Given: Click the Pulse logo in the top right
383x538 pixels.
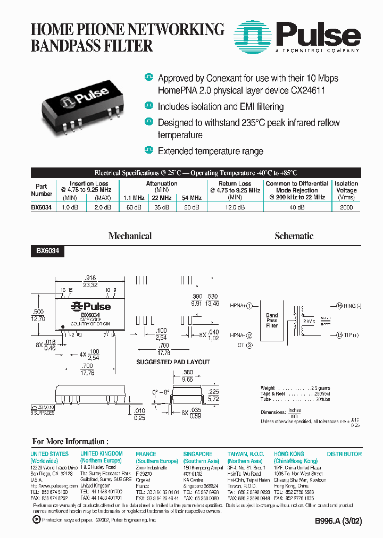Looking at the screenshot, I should pyautogui.click(x=298, y=36).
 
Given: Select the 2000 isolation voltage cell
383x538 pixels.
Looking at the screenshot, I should pyautogui.click(x=346, y=207).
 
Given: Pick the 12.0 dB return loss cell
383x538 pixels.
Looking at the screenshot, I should pyautogui.click(x=235, y=207).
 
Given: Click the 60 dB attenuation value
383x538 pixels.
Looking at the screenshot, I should pyautogui.click(x=134, y=207).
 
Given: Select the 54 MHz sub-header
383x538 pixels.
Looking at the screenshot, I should pyautogui.click(x=192, y=198).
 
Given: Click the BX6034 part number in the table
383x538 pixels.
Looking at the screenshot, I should pyautogui.click(x=41, y=207).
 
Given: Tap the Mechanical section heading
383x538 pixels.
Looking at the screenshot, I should pyautogui.click(x=130, y=236).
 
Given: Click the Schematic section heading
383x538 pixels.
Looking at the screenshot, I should pyautogui.click(x=294, y=236).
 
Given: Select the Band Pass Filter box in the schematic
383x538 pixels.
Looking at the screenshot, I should pyautogui.click(x=272, y=321).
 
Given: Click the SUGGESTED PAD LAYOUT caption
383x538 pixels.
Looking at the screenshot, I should pyautogui.click(x=173, y=362).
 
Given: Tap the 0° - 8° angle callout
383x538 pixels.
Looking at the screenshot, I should pyautogui.click(x=161, y=391).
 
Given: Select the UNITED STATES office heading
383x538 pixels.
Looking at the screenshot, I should pyautogui.click(x=49, y=454).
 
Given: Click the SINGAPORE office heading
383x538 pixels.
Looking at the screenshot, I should pyautogui.click(x=198, y=454).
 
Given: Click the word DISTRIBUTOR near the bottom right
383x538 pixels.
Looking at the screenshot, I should pyautogui.click(x=344, y=454).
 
